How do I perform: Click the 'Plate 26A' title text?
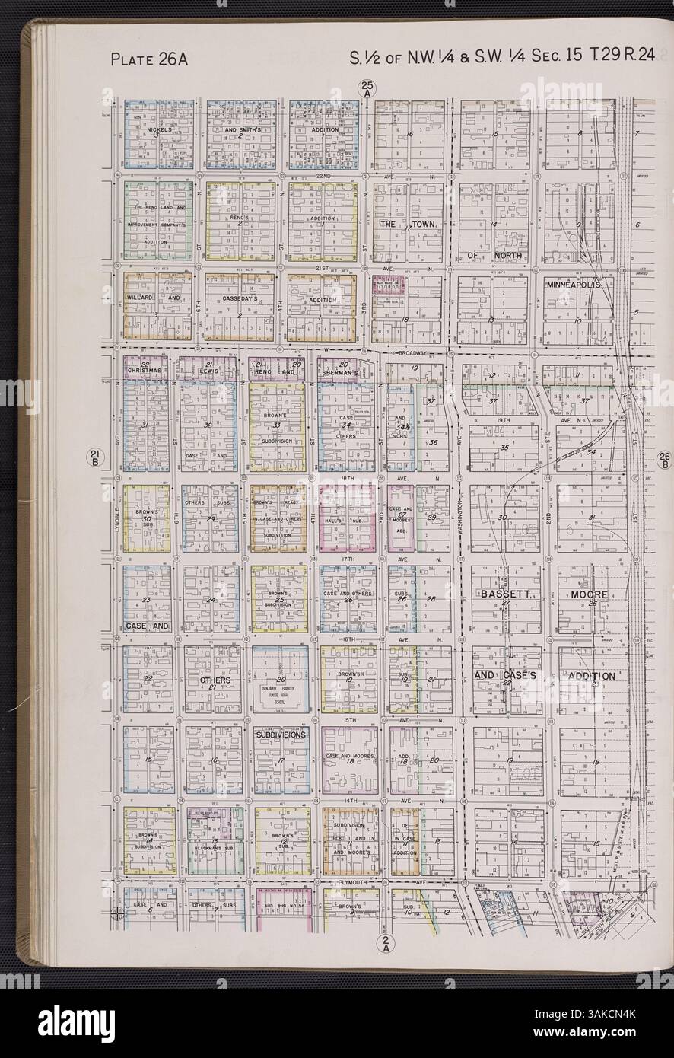click(149, 58)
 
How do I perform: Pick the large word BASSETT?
click(499, 594)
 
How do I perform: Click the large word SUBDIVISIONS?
click(281, 736)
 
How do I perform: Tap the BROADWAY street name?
click(409, 354)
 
